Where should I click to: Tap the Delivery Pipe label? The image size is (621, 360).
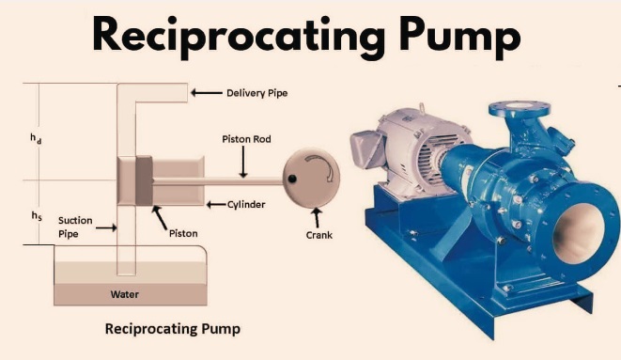click(256, 93)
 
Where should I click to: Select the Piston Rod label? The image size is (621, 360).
click(246, 139)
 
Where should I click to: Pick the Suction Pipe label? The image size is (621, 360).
click(74, 227)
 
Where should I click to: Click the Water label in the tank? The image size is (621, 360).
click(125, 294)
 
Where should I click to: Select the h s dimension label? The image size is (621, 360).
click(36, 215)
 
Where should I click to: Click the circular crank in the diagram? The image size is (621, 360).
click(312, 175)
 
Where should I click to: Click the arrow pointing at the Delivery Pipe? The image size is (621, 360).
click(204, 93)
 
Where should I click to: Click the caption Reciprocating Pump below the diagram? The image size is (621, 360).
click(173, 329)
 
